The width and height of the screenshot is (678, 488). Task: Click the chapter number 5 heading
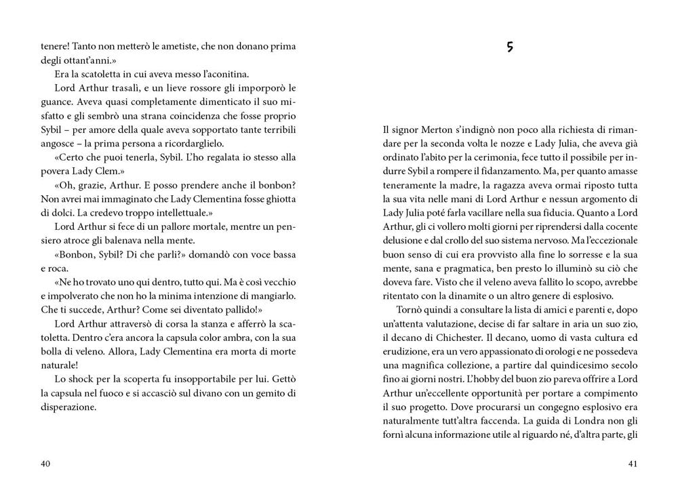509,47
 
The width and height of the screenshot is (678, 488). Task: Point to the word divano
205,394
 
